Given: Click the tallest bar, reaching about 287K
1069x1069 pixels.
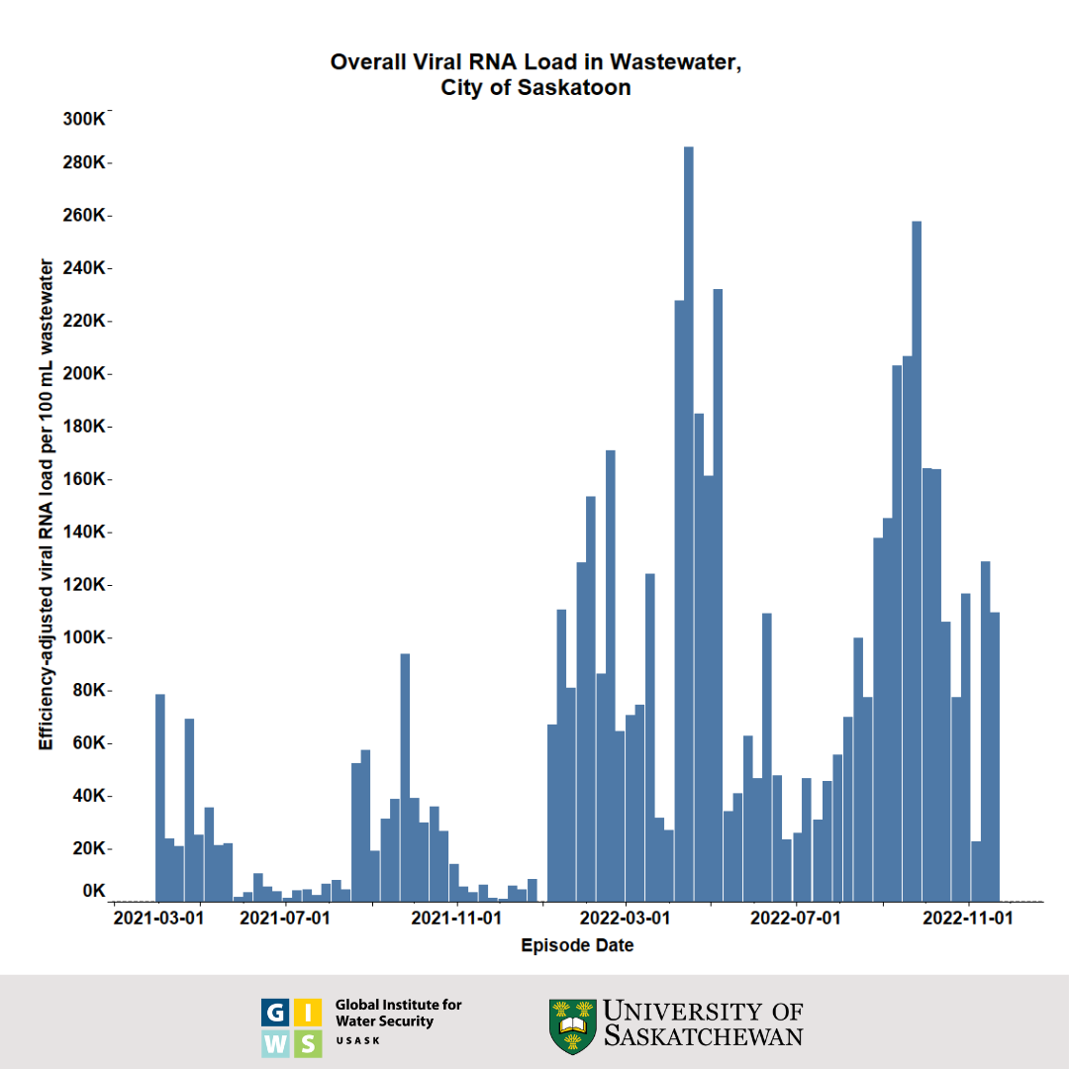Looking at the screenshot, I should point(689,525).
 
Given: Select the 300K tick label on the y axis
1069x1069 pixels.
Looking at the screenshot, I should point(84,119).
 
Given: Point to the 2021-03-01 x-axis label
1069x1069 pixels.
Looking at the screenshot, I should point(159,918).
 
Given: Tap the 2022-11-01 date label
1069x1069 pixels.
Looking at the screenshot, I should point(968,918).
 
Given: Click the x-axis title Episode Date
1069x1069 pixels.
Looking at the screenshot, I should point(577,946).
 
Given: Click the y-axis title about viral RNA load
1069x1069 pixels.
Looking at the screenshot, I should point(46,505).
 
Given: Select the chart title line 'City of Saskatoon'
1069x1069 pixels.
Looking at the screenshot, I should point(535,87).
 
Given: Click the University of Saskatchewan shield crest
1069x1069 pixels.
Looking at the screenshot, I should point(573,1026).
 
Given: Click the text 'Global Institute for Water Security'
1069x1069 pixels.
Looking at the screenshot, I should point(398,1013).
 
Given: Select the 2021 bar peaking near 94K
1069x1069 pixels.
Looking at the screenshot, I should point(405,777).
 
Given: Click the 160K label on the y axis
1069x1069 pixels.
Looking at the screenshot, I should point(84,479).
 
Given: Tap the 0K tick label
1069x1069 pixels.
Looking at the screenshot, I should point(93,891).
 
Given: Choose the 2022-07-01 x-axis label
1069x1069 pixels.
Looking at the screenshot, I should point(796,918).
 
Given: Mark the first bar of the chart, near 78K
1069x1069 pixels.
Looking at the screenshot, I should point(160,797).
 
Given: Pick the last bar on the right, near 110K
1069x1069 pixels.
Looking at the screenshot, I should point(995,757).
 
